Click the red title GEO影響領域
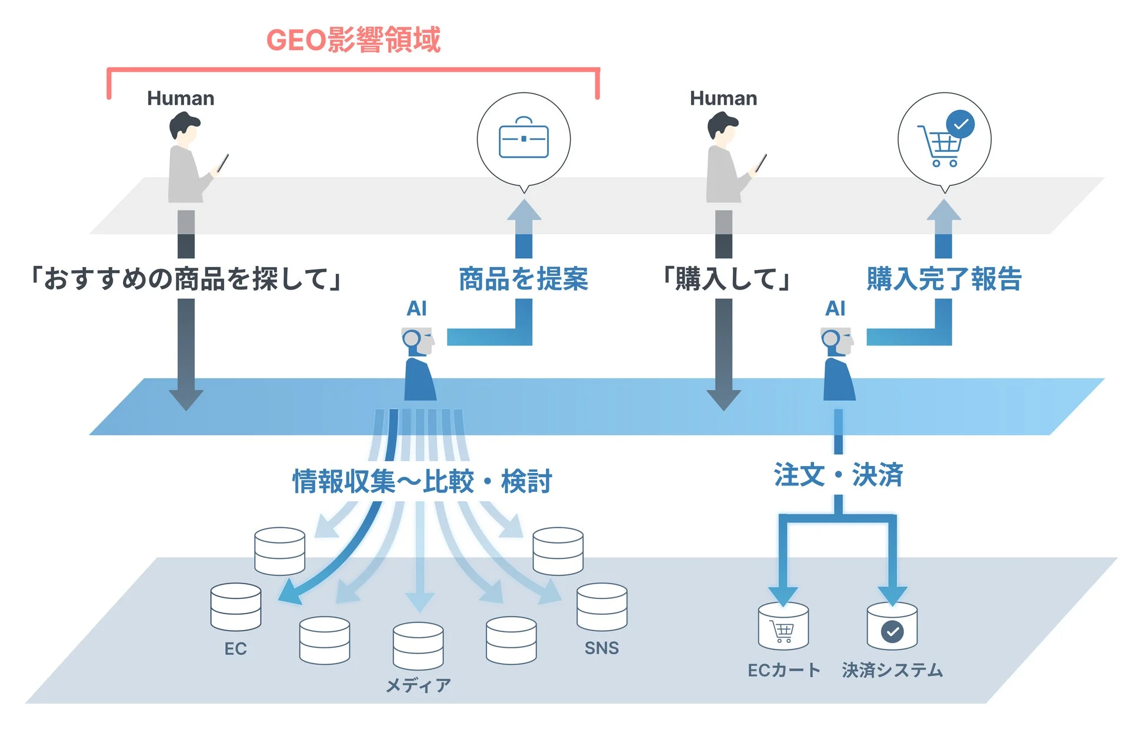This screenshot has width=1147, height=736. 353,40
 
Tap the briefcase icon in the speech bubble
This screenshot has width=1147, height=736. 524,139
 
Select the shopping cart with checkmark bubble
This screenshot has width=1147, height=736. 944,140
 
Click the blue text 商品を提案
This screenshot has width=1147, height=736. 523,279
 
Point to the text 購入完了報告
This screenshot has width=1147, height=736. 943,279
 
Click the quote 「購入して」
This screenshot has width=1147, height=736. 726,279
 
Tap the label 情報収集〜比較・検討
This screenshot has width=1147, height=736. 422,481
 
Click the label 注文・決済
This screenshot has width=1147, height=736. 838,475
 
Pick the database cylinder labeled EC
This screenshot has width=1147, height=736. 235,607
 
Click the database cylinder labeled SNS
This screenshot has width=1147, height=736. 602,607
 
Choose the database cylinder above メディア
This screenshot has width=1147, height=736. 418,645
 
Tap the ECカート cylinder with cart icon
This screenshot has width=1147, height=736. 783,626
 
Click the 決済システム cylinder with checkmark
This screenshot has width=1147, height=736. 892,626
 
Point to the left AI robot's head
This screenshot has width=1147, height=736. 418,341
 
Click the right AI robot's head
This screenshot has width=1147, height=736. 837,341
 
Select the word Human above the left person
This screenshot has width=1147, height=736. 181,98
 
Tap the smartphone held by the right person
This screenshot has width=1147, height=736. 762,162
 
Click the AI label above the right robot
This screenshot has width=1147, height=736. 835,308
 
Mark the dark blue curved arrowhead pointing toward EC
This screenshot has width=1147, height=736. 289,593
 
